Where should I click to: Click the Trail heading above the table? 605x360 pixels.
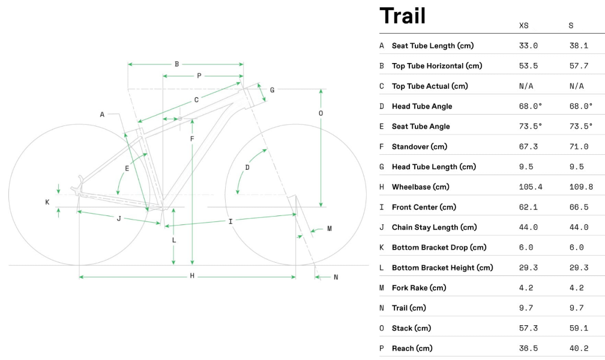[402, 16]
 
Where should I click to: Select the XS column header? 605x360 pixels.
[524, 25]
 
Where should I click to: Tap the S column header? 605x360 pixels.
[571, 25]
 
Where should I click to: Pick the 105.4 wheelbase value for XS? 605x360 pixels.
[531, 187]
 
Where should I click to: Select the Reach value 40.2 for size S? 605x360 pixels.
[579, 349]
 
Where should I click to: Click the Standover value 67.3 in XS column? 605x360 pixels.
[528, 146]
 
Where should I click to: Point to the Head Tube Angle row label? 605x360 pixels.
[422, 106]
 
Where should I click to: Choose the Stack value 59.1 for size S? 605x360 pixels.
[579, 328]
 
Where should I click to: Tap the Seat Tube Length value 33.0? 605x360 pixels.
[528, 46]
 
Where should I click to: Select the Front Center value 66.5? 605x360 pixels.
[579, 207]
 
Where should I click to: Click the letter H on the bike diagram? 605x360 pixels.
[192, 277]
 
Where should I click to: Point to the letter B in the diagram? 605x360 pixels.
[176, 64]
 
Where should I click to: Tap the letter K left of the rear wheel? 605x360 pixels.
[47, 202]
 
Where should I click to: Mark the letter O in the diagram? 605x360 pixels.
[321, 113]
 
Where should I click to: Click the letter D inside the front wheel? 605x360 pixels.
[247, 167]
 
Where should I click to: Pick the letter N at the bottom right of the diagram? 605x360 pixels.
[336, 277]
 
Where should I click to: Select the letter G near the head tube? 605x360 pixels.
[272, 90]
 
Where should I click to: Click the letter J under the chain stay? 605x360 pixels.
[119, 219]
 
